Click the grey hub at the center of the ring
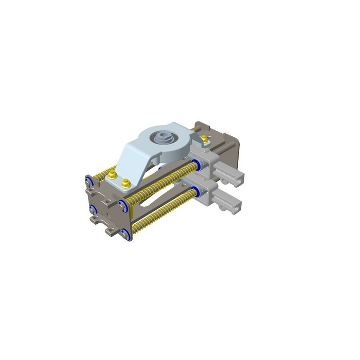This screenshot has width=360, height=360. click(162, 138)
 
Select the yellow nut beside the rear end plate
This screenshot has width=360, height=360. click(206, 138)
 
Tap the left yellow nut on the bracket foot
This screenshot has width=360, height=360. click(112, 176)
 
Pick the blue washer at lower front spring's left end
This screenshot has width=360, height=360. click(125, 235)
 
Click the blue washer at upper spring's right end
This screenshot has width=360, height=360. click(196, 165)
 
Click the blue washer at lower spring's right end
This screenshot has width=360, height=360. click(197, 192)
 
